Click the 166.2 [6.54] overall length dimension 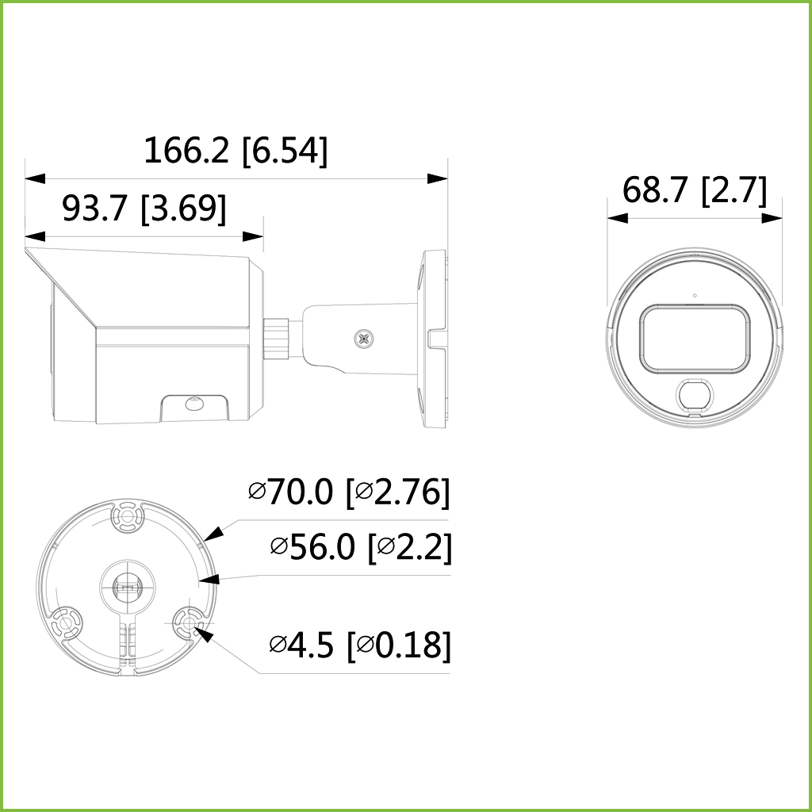[235, 151]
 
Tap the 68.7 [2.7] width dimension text [695, 191]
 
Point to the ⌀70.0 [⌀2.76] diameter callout [349, 492]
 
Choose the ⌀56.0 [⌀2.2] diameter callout [361, 546]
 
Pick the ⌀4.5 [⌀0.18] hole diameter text [360, 645]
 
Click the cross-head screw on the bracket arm [364, 339]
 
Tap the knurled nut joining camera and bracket [275, 336]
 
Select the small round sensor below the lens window [694, 394]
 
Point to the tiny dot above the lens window [695, 297]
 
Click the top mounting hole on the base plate [127, 517]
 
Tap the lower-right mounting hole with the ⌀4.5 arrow [188, 624]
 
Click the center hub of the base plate [127, 588]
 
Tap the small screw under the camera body [193, 404]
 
